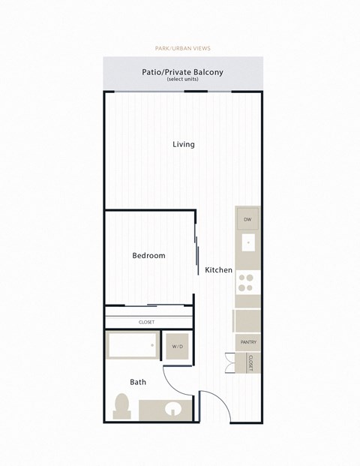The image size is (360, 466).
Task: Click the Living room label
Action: click(x=183, y=144)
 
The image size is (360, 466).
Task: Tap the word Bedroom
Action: click(x=148, y=256)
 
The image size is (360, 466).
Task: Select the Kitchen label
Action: click(x=218, y=270)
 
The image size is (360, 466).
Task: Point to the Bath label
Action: click(x=138, y=382)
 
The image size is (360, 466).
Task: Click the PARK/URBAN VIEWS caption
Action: click(x=183, y=48)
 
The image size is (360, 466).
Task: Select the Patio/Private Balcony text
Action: click(x=183, y=73)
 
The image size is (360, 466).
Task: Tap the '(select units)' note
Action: click(x=183, y=80)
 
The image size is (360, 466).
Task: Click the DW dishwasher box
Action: click(x=247, y=219)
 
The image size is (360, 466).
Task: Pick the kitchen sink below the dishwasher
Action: click(x=247, y=244)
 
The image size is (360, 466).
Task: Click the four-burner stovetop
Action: click(x=247, y=282)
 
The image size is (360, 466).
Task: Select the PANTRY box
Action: click(x=249, y=342)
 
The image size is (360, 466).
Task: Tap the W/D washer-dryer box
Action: click(x=178, y=347)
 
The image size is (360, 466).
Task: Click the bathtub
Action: click(x=133, y=346)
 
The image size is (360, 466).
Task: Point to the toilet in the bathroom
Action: click(x=121, y=407)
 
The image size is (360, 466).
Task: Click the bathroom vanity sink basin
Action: click(x=172, y=410)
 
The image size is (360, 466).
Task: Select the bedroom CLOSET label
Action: click(x=147, y=322)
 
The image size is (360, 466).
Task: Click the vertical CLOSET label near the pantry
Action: click(x=250, y=364)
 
